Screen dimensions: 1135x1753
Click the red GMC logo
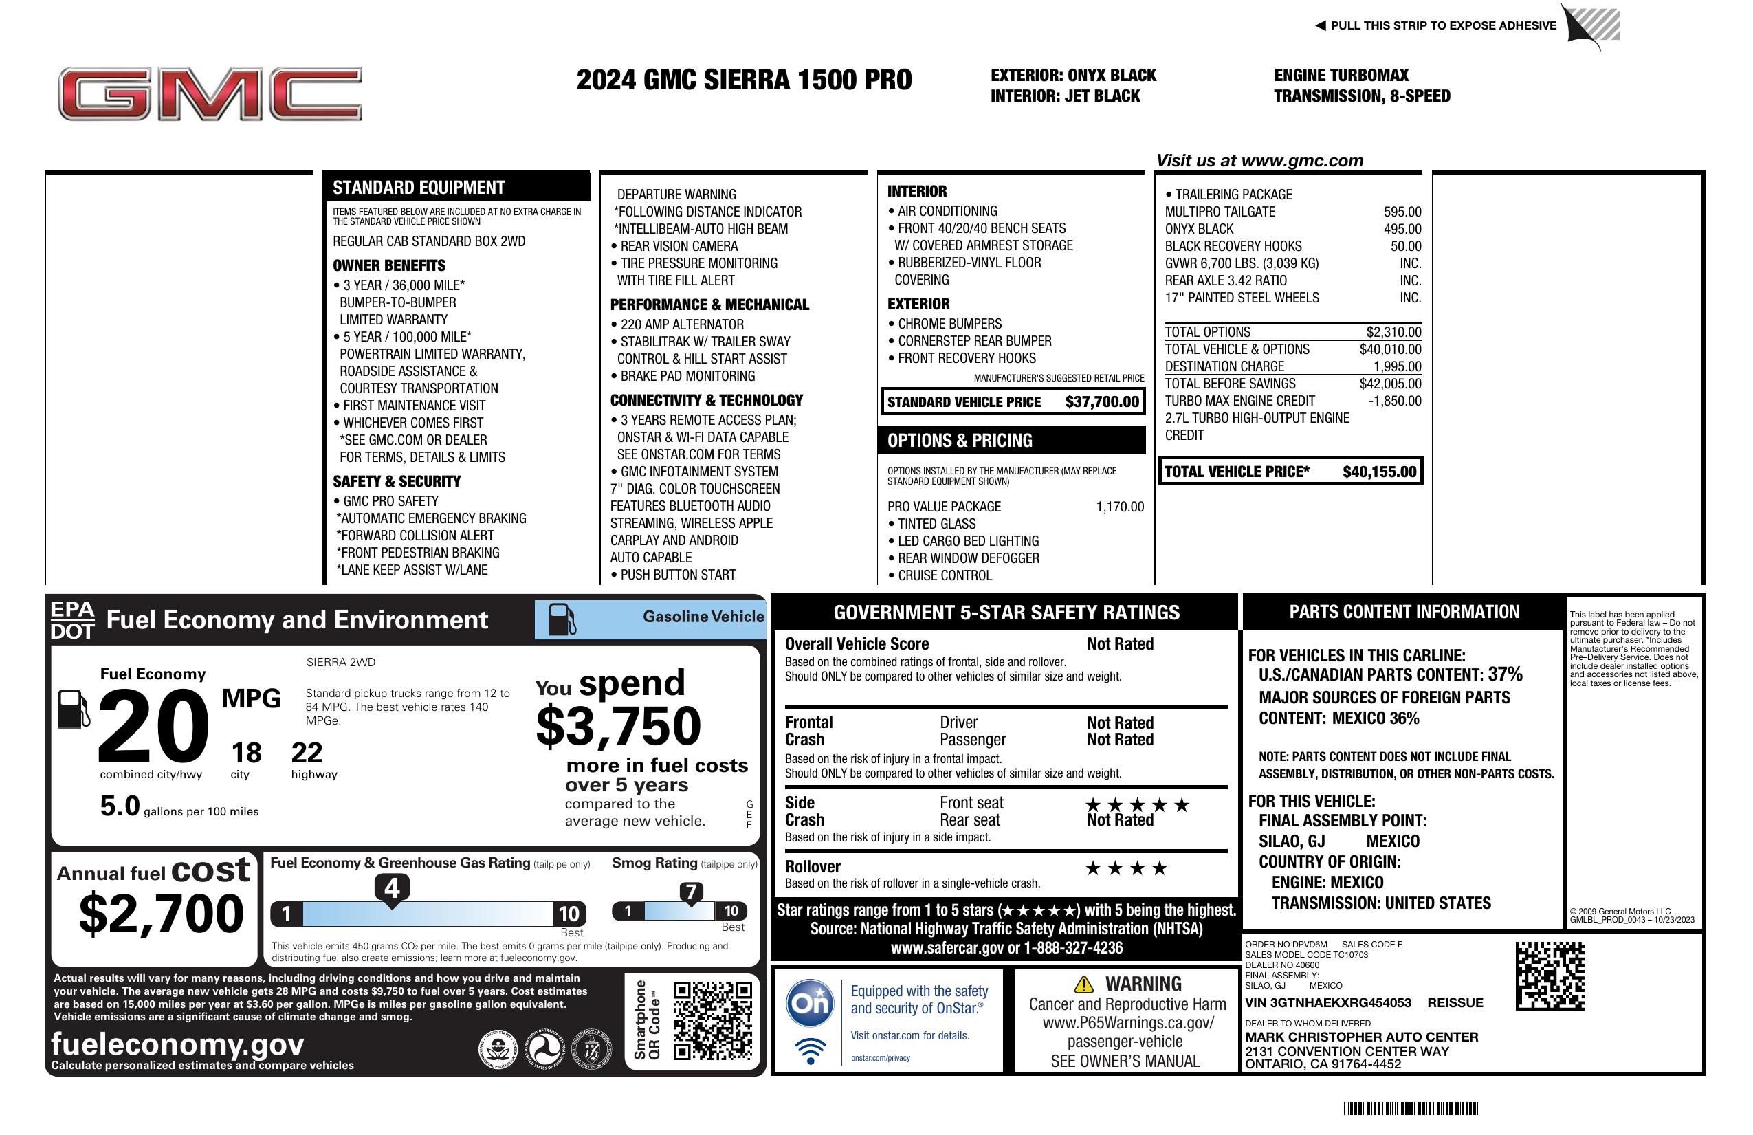[x=210, y=93]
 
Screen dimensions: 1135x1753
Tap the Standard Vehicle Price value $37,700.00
[x=1101, y=402]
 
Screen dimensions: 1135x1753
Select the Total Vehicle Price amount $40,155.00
[x=1379, y=472]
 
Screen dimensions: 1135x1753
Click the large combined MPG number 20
[x=153, y=726]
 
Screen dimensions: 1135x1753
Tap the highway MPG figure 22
[x=307, y=753]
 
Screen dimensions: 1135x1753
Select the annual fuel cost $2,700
[x=161, y=914]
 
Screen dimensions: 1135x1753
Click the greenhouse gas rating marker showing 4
[x=392, y=888]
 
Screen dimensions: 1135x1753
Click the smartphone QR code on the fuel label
[x=712, y=1020]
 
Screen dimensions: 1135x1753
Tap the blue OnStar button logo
[x=810, y=1002]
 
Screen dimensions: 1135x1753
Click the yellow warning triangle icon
[x=1083, y=984]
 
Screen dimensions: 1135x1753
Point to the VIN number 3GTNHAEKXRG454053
[x=1328, y=1003]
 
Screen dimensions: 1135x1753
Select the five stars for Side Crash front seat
[x=1137, y=804]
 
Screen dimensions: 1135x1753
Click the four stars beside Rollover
[x=1126, y=868]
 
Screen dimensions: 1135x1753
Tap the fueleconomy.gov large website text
[x=177, y=1044]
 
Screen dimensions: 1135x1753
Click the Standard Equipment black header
[x=456, y=188]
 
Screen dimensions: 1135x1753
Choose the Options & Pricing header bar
[x=1011, y=441]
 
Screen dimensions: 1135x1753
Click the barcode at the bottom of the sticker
[x=1410, y=1108]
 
